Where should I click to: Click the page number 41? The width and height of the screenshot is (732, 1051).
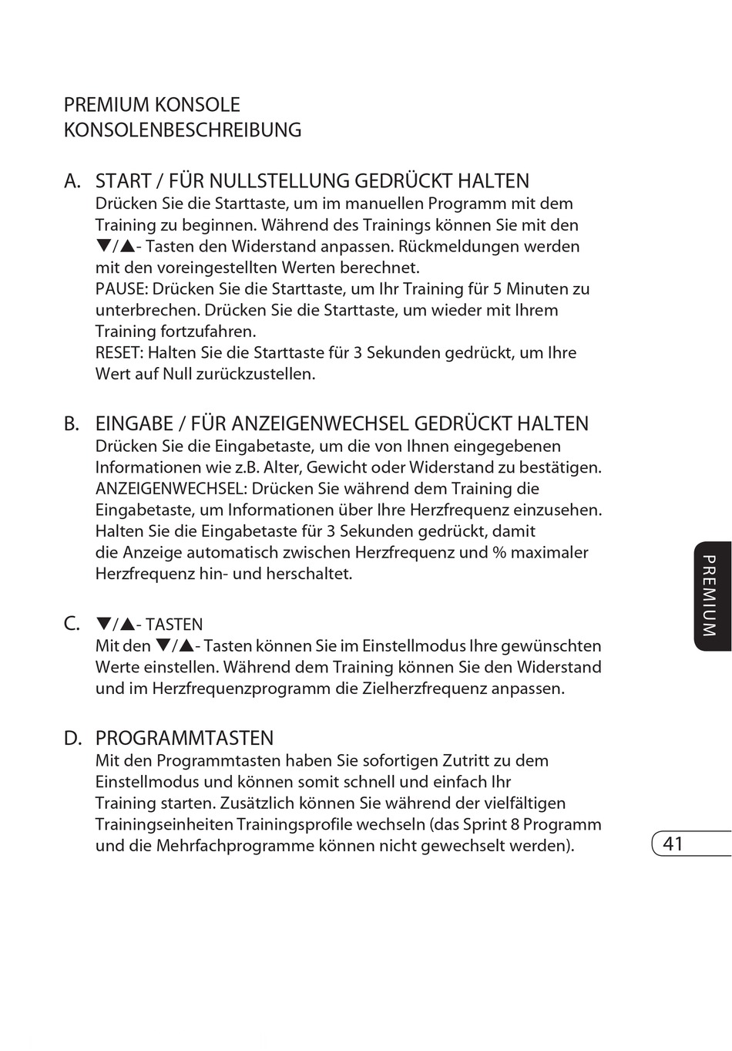673,844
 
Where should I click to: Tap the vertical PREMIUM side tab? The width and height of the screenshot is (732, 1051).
710,595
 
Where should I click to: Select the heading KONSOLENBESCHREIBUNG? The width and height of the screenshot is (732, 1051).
183,130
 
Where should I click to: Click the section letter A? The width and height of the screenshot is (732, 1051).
72,181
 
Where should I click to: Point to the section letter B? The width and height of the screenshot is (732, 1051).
72,424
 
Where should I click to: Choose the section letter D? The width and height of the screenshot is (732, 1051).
72,739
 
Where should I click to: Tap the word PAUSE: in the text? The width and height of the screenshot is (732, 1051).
122,289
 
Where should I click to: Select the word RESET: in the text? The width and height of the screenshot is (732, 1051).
119,353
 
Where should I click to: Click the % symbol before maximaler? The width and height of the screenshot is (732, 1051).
499,553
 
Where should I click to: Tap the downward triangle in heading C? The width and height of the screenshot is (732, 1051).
103,624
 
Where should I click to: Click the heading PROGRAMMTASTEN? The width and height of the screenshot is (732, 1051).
184,739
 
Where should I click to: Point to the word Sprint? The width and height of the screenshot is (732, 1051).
485,824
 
